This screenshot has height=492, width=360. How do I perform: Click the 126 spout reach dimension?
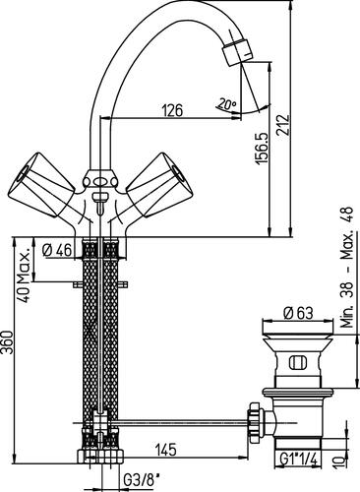(173, 110)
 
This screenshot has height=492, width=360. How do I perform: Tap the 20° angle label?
(226, 104)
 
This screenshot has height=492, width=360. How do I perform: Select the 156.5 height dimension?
(263, 148)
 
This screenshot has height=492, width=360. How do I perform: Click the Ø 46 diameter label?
(57, 250)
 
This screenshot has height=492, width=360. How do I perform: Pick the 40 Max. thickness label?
(24, 275)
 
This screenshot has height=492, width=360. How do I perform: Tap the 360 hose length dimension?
(8, 342)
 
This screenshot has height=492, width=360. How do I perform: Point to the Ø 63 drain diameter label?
(298, 313)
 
